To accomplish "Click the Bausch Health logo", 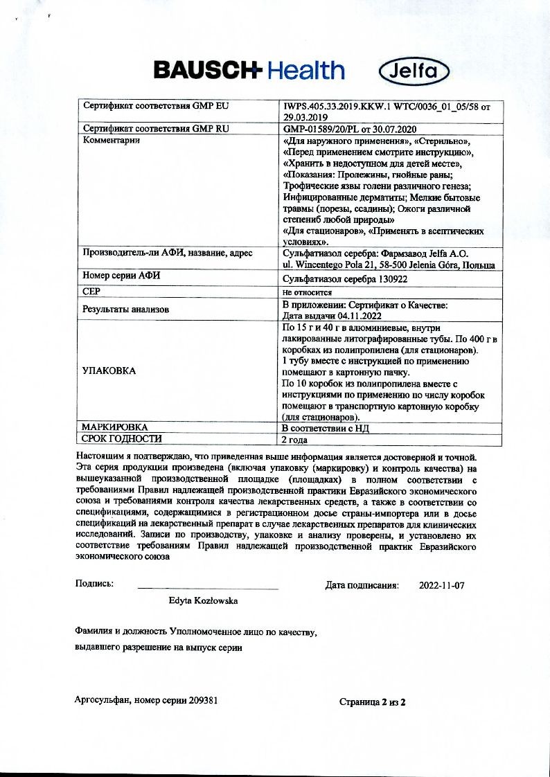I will pyautogui.click(x=249, y=70).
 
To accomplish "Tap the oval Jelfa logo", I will pyautogui.click(x=415, y=71).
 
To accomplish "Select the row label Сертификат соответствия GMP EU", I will pyautogui.click(x=156, y=107).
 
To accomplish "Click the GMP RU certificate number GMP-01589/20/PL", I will pyautogui.click(x=326, y=129).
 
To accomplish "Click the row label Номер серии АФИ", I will pyautogui.click(x=122, y=276).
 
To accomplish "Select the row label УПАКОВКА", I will pyautogui.click(x=109, y=370).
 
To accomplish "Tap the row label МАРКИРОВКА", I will pyautogui.click(x=115, y=427).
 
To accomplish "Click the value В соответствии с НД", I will pyautogui.click(x=325, y=428).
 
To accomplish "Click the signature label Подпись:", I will pyautogui.click(x=94, y=584).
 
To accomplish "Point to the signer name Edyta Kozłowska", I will pyautogui.click(x=203, y=601).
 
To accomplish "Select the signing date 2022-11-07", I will pyautogui.click(x=442, y=585).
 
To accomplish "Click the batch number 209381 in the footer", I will pyautogui.click(x=202, y=700).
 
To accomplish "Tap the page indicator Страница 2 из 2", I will pyautogui.click(x=372, y=702).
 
